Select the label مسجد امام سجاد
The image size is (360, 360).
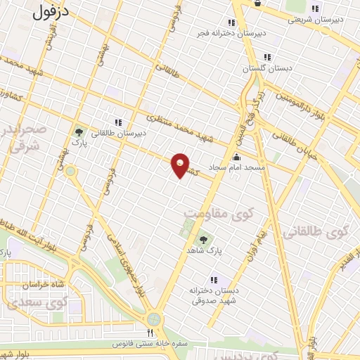pyautogui.click(x=237, y=169)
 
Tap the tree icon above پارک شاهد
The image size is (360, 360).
pyautogui.click(x=204, y=240)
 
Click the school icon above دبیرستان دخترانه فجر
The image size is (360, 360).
pyautogui.click(x=232, y=22)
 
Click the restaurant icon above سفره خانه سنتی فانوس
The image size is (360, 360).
pyautogui.click(x=149, y=333)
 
